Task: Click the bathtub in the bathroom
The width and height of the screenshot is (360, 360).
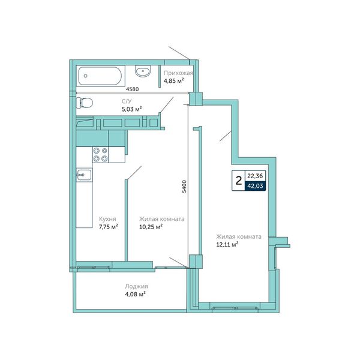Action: (x=100, y=76)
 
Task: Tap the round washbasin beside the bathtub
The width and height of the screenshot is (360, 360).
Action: (x=143, y=71)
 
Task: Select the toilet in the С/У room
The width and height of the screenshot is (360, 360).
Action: (x=84, y=103)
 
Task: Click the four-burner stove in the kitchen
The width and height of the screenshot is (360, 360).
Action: (x=101, y=155)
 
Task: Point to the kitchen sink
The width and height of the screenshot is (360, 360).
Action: (x=84, y=175)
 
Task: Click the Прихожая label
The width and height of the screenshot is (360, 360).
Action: (x=178, y=73)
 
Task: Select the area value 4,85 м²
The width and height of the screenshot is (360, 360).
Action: (x=173, y=81)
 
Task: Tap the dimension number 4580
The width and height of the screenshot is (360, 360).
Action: (x=132, y=89)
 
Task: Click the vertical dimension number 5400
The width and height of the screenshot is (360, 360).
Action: (x=184, y=187)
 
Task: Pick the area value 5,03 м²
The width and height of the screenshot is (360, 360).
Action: (x=131, y=109)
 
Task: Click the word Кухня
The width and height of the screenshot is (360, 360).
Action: (x=107, y=219)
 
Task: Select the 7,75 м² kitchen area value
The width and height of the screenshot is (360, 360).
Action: (x=109, y=227)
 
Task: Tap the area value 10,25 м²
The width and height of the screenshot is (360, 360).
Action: (x=151, y=227)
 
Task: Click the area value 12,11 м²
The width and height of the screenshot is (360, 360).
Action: (x=227, y=244)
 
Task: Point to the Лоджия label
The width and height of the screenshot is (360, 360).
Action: (x=136, y=286)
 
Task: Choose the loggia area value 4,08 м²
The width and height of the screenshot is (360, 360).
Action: (x=136, y=294)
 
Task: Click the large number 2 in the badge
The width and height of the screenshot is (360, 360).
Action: (x=239, y=181)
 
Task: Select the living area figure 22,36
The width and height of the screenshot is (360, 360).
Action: (x=255, y=176)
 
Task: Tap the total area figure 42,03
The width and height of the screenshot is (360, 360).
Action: (x=255, y=186)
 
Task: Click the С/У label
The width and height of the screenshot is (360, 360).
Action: (x=126, y=101)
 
